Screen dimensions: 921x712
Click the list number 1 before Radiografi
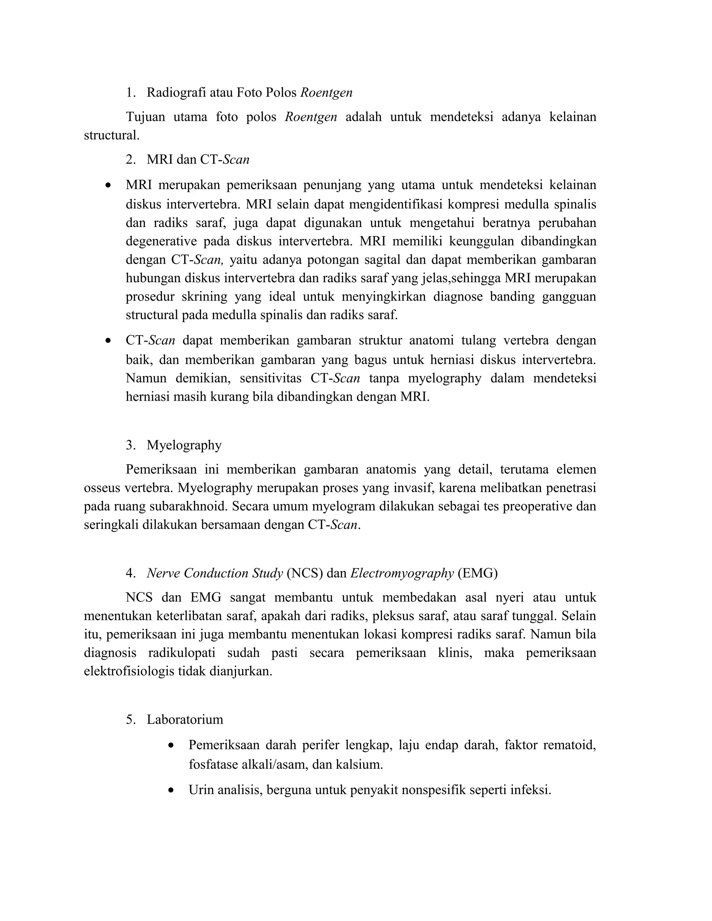click(130, 93)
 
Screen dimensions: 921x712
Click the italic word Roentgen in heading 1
click(326, 93)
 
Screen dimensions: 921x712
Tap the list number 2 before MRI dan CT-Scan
click(130, 160)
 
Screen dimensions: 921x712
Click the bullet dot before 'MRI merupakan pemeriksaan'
click(109, 185)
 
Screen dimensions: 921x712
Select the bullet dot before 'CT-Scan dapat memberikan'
click(109, 341)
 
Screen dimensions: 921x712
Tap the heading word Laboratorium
click(185, 719)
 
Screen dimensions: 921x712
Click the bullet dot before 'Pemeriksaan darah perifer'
click(171, 746)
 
